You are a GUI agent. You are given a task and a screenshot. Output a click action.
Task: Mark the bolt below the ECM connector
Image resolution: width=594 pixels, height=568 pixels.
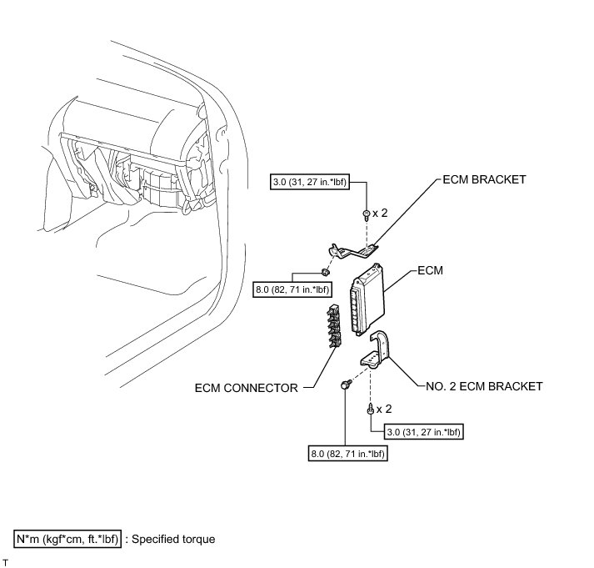pos(344,385)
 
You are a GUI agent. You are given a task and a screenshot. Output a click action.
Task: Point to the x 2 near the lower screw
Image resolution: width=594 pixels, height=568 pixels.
pos(384,410)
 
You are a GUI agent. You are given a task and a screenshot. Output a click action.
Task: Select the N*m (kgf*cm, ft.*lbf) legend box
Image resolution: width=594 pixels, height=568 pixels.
pos(67,539)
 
